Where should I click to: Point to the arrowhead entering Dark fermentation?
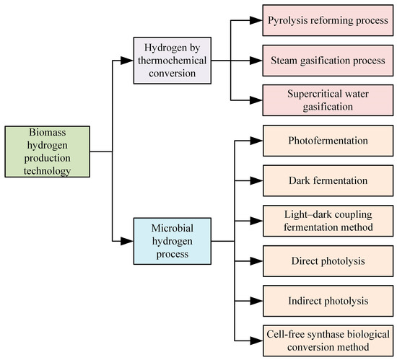258,180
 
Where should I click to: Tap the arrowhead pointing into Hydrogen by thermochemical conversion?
128,60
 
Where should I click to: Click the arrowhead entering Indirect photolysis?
258,299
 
